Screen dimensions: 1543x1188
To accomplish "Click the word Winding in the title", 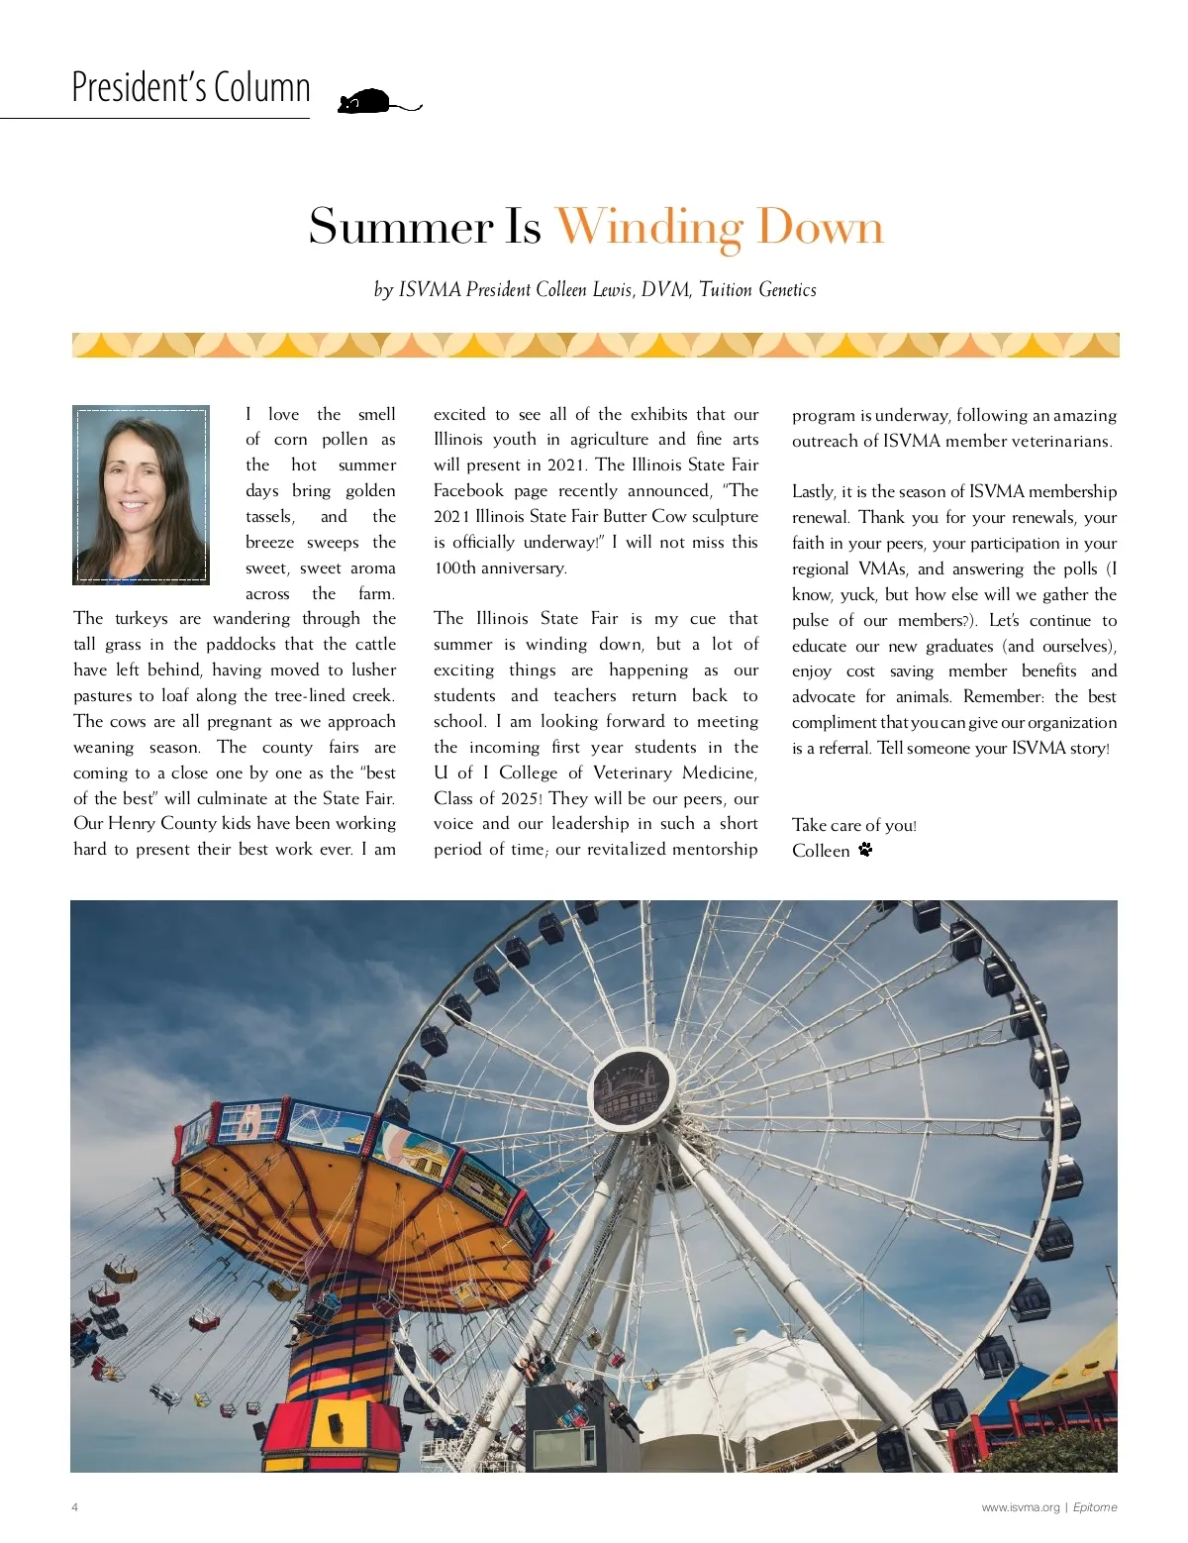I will pos(648,227).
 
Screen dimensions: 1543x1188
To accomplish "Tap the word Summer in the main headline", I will pos(400,227).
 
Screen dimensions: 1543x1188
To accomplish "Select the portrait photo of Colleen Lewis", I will pos(141,494).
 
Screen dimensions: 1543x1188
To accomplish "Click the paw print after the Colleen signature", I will pos(865,850).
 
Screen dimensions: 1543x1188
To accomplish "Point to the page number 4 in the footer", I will pos(75,1507).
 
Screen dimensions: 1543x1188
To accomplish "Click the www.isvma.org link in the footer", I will pos(1020,1507).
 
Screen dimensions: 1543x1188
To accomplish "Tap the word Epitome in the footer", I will pos(1095,1507).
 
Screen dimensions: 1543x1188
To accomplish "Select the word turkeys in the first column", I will pos(142,619).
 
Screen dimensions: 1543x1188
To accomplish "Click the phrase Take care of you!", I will pos(853,825).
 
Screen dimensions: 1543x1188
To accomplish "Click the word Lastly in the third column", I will pos(814,492).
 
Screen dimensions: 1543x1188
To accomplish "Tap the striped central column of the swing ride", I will pos(342,1357).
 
